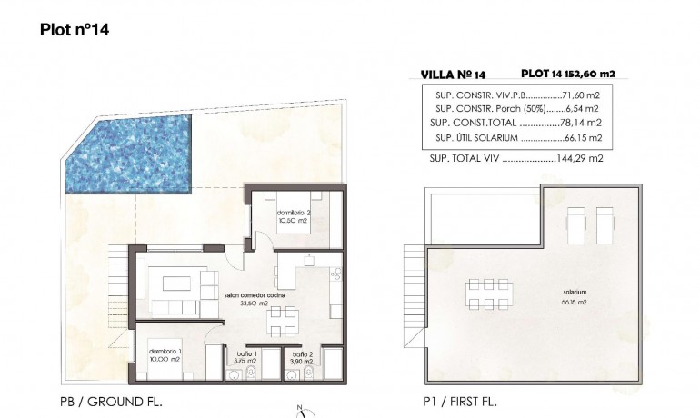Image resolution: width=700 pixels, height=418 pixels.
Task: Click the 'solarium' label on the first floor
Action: coord(575,293)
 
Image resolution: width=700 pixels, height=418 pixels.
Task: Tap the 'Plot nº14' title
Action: coord(75,29)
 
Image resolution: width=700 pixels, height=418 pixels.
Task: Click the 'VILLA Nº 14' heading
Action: coord(453,75)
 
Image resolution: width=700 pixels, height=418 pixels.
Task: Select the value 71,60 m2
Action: coord(575,95)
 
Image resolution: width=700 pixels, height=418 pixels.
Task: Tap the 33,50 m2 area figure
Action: coord(253,304)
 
